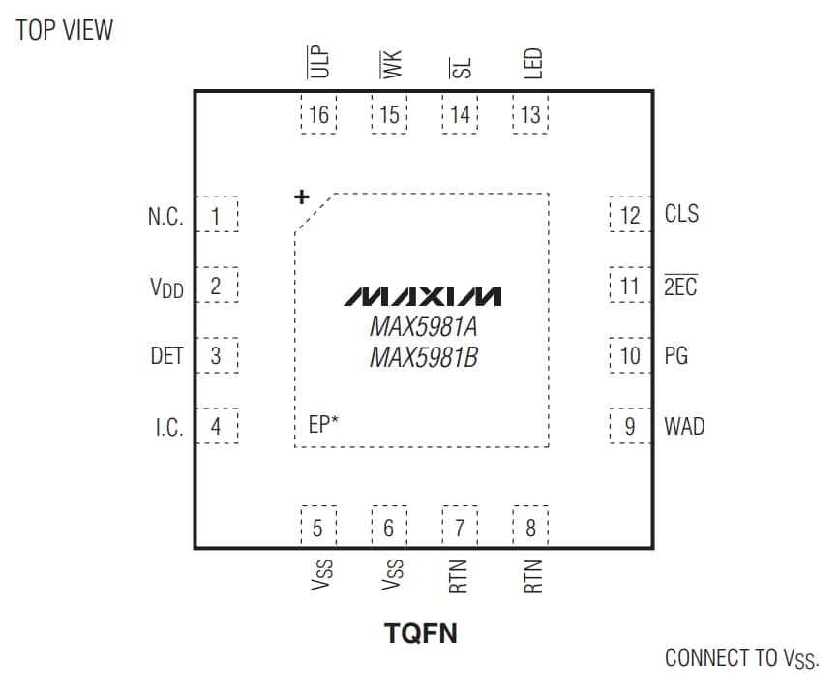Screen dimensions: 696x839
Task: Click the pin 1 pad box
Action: [216, 216]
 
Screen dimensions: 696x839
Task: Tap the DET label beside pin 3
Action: [166, 356]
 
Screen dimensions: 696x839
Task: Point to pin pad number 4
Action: [216, 426]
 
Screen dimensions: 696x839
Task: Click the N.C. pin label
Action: [165, 217]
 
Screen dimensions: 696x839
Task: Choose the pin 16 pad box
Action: [318, 115]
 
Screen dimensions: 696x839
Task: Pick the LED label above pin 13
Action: [531, 64]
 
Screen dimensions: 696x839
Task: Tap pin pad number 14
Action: [460, 115]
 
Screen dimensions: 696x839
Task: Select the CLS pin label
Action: [681, 214]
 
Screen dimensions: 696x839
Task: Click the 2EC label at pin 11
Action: [680, 287]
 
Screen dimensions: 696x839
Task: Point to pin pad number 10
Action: [630, 356]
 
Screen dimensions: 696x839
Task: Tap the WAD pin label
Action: [684, 426]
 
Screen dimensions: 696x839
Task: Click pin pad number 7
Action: [460, 528]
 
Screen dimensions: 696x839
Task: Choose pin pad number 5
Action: [318, 528]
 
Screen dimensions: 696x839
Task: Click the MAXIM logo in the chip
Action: [423, 294]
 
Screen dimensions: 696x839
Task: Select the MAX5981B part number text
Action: [423, 358]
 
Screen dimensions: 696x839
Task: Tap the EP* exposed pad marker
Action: [323, 424]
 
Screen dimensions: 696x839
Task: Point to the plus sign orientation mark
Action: [301, 197]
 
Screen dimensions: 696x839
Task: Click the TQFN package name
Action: [421, 634]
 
